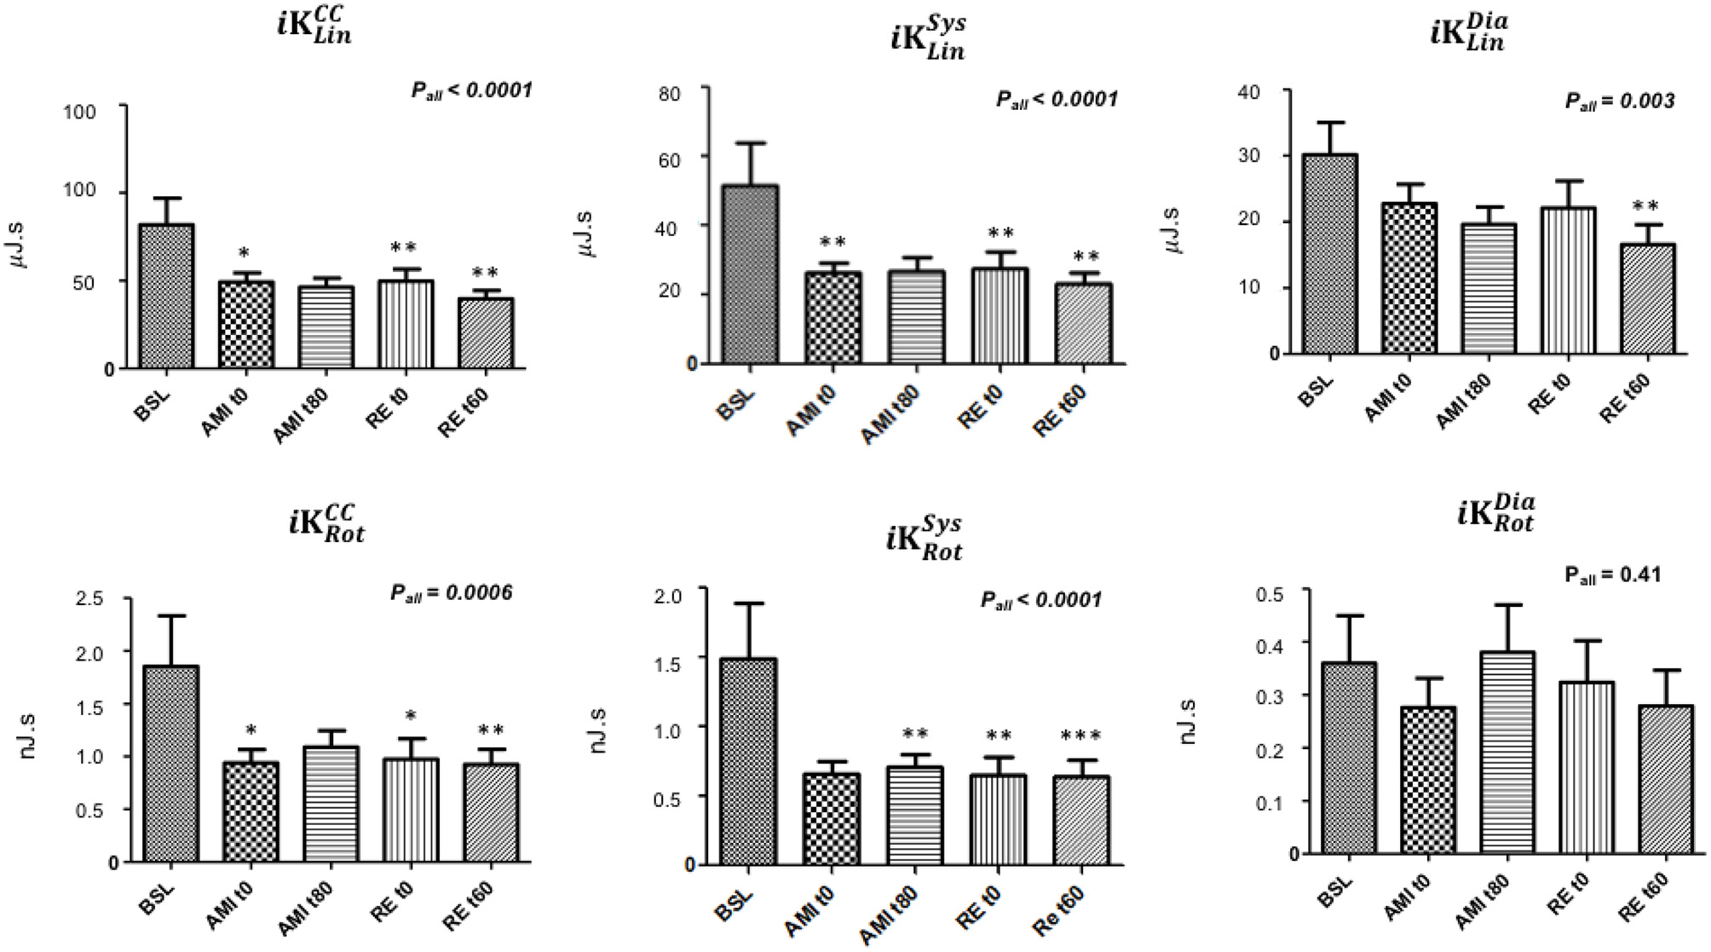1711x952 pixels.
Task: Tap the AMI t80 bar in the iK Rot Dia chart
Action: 1507,753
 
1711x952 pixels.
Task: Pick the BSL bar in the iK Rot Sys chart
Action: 747,762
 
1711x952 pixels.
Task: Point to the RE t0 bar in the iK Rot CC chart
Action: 411,810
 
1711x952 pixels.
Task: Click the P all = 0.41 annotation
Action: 1612,575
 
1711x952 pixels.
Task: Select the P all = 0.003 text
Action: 1619,101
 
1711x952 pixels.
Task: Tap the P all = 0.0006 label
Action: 451,592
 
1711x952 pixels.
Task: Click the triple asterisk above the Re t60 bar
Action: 1080,736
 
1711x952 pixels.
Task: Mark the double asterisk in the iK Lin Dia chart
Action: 1645,206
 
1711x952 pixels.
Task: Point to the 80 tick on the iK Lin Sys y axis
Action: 670,93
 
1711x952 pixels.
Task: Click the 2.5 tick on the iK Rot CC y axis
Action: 89,599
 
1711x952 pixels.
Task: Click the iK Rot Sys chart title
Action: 925,539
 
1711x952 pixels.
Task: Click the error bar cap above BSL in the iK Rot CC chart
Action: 171,615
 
